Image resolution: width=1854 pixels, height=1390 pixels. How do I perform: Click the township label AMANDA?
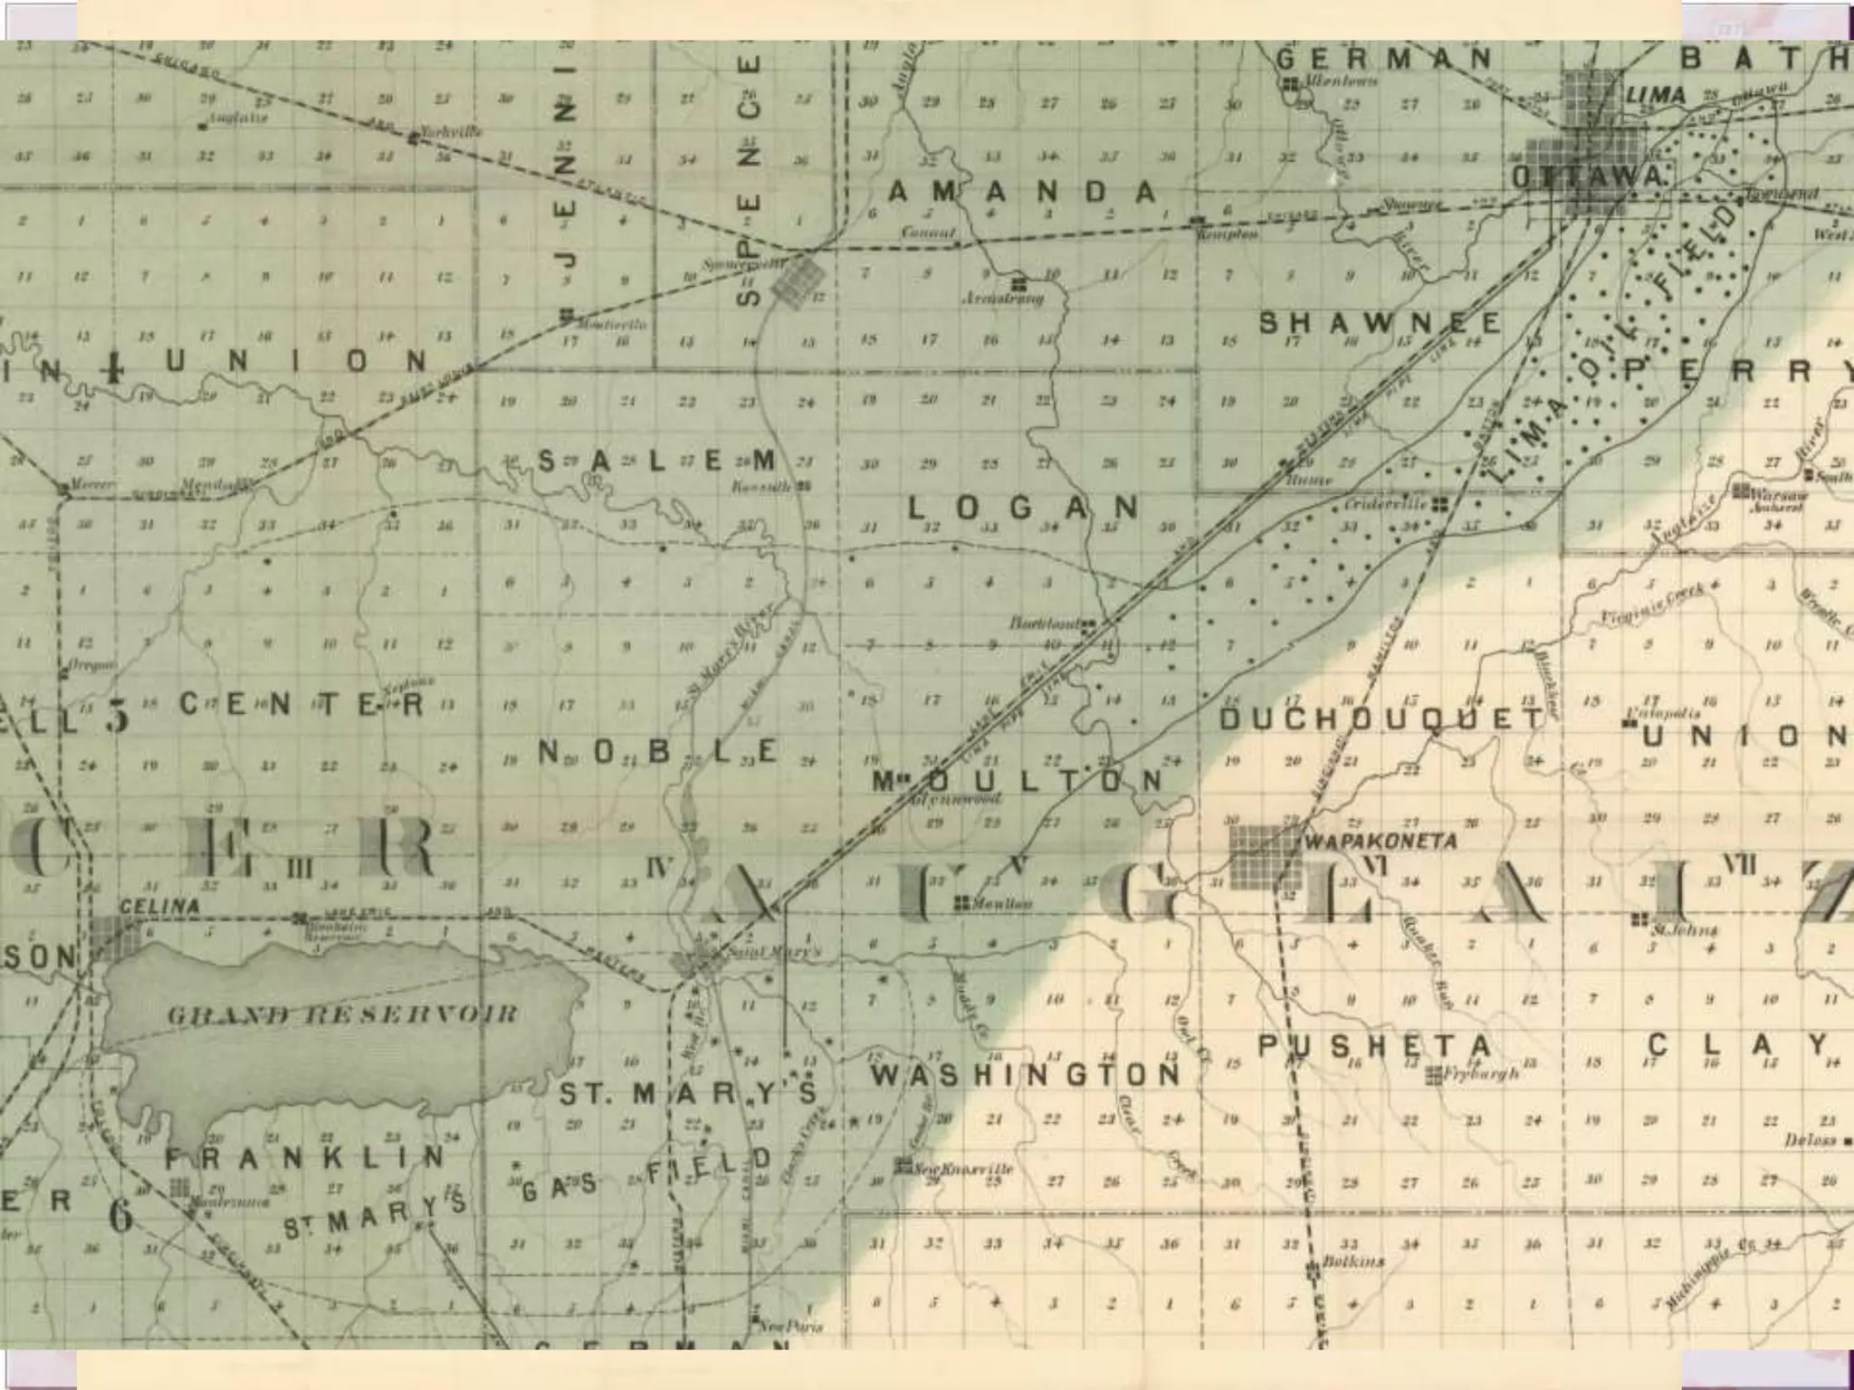(1022, 192)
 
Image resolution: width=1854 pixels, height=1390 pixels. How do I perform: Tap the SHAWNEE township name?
(1380, 323)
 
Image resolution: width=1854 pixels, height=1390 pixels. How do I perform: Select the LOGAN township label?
(1023, 508)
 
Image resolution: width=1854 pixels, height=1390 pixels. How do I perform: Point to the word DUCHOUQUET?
(1381, 719)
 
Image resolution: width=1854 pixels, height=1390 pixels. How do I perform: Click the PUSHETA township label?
(1373, 1046)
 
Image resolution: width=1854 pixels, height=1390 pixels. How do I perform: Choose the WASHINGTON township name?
(1026, 1075)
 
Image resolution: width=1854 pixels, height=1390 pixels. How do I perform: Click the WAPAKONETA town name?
(1380, 841)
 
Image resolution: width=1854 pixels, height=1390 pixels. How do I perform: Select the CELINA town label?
(159, 906)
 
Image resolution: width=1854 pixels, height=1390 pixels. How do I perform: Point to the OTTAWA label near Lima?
(1589, 177)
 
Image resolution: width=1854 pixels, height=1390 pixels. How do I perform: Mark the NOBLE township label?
(658, 751)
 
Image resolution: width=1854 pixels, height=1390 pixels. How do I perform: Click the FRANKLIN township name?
(305, 1157)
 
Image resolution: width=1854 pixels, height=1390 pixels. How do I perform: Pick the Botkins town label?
(1353, 1261)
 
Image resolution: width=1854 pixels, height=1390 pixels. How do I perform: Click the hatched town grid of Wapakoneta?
(1265, 856)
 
